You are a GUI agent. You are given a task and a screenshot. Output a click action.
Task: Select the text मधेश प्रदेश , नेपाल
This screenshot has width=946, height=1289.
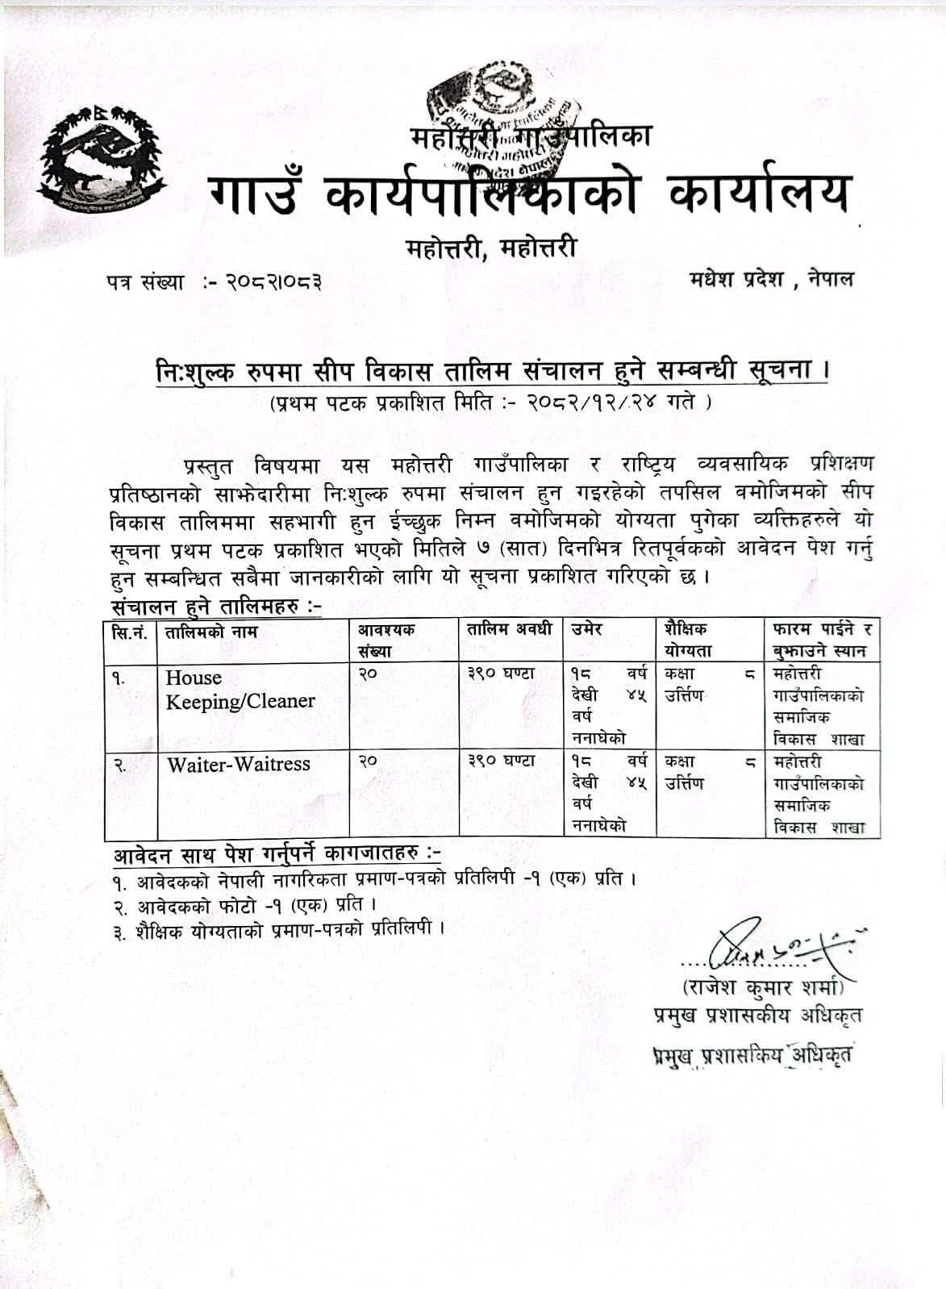pos(771,280)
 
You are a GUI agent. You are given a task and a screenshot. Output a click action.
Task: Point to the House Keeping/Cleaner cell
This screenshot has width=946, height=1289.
pos(240,690)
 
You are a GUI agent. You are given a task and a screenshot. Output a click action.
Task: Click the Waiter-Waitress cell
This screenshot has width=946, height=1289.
pos(238,764)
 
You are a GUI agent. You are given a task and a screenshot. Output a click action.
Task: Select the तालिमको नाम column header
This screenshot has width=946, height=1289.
pos(210,632)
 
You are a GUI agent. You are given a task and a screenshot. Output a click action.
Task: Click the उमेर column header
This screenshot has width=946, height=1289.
pos(587,630)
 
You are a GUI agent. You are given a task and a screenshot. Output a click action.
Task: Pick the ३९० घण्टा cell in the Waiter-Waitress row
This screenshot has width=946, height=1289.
pos(501,761)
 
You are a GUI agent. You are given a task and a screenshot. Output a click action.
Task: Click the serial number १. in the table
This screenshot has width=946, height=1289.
pos(119,678)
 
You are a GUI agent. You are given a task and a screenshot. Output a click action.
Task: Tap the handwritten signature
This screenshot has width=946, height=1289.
pos(773,945)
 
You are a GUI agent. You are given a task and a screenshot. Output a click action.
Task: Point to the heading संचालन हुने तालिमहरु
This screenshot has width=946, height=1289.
pos(215,605)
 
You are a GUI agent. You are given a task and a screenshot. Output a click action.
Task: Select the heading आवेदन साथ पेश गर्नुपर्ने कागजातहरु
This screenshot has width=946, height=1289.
pos(275,853)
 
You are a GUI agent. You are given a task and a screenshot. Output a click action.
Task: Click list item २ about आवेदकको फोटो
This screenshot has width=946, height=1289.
pos(245,904)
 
